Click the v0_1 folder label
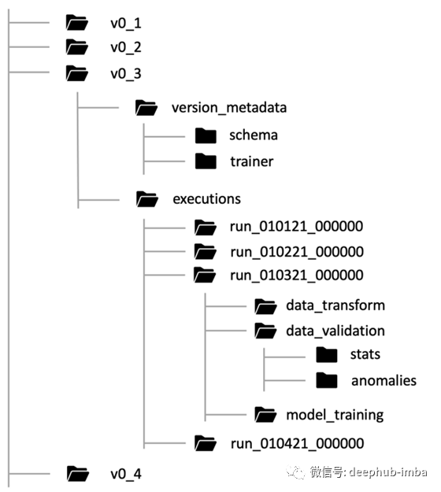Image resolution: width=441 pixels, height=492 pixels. coord(126,24)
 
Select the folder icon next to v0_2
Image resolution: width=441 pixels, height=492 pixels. coord(77,47)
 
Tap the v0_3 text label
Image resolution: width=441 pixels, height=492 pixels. coord(126,74)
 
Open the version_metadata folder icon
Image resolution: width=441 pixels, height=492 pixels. coord(146,108)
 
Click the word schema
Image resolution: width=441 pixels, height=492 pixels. coord(254,135)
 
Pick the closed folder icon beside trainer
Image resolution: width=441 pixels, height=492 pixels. coord(206,161)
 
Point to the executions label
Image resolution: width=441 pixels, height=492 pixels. coord(207,199)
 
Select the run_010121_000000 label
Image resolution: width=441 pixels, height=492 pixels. coord(296,226)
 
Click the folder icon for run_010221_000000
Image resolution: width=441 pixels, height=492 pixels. coord(206,252)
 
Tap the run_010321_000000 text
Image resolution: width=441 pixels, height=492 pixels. coord(297,276)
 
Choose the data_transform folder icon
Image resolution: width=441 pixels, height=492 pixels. coord(265,306)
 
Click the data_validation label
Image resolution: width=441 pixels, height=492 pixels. coord(335,331)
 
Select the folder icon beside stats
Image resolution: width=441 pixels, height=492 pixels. coord(327,354)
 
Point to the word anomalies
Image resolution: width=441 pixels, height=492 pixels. coord(384,380)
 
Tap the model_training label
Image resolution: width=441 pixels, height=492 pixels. coord(335,415)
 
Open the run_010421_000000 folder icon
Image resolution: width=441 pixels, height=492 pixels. coord(206,443)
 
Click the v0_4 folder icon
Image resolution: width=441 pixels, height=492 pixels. coord(78,473)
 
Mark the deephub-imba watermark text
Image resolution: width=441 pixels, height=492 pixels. coord(388,472)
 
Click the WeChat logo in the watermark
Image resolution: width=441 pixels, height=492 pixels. coord(295,472)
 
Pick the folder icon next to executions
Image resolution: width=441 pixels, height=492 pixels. coord(147,199)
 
